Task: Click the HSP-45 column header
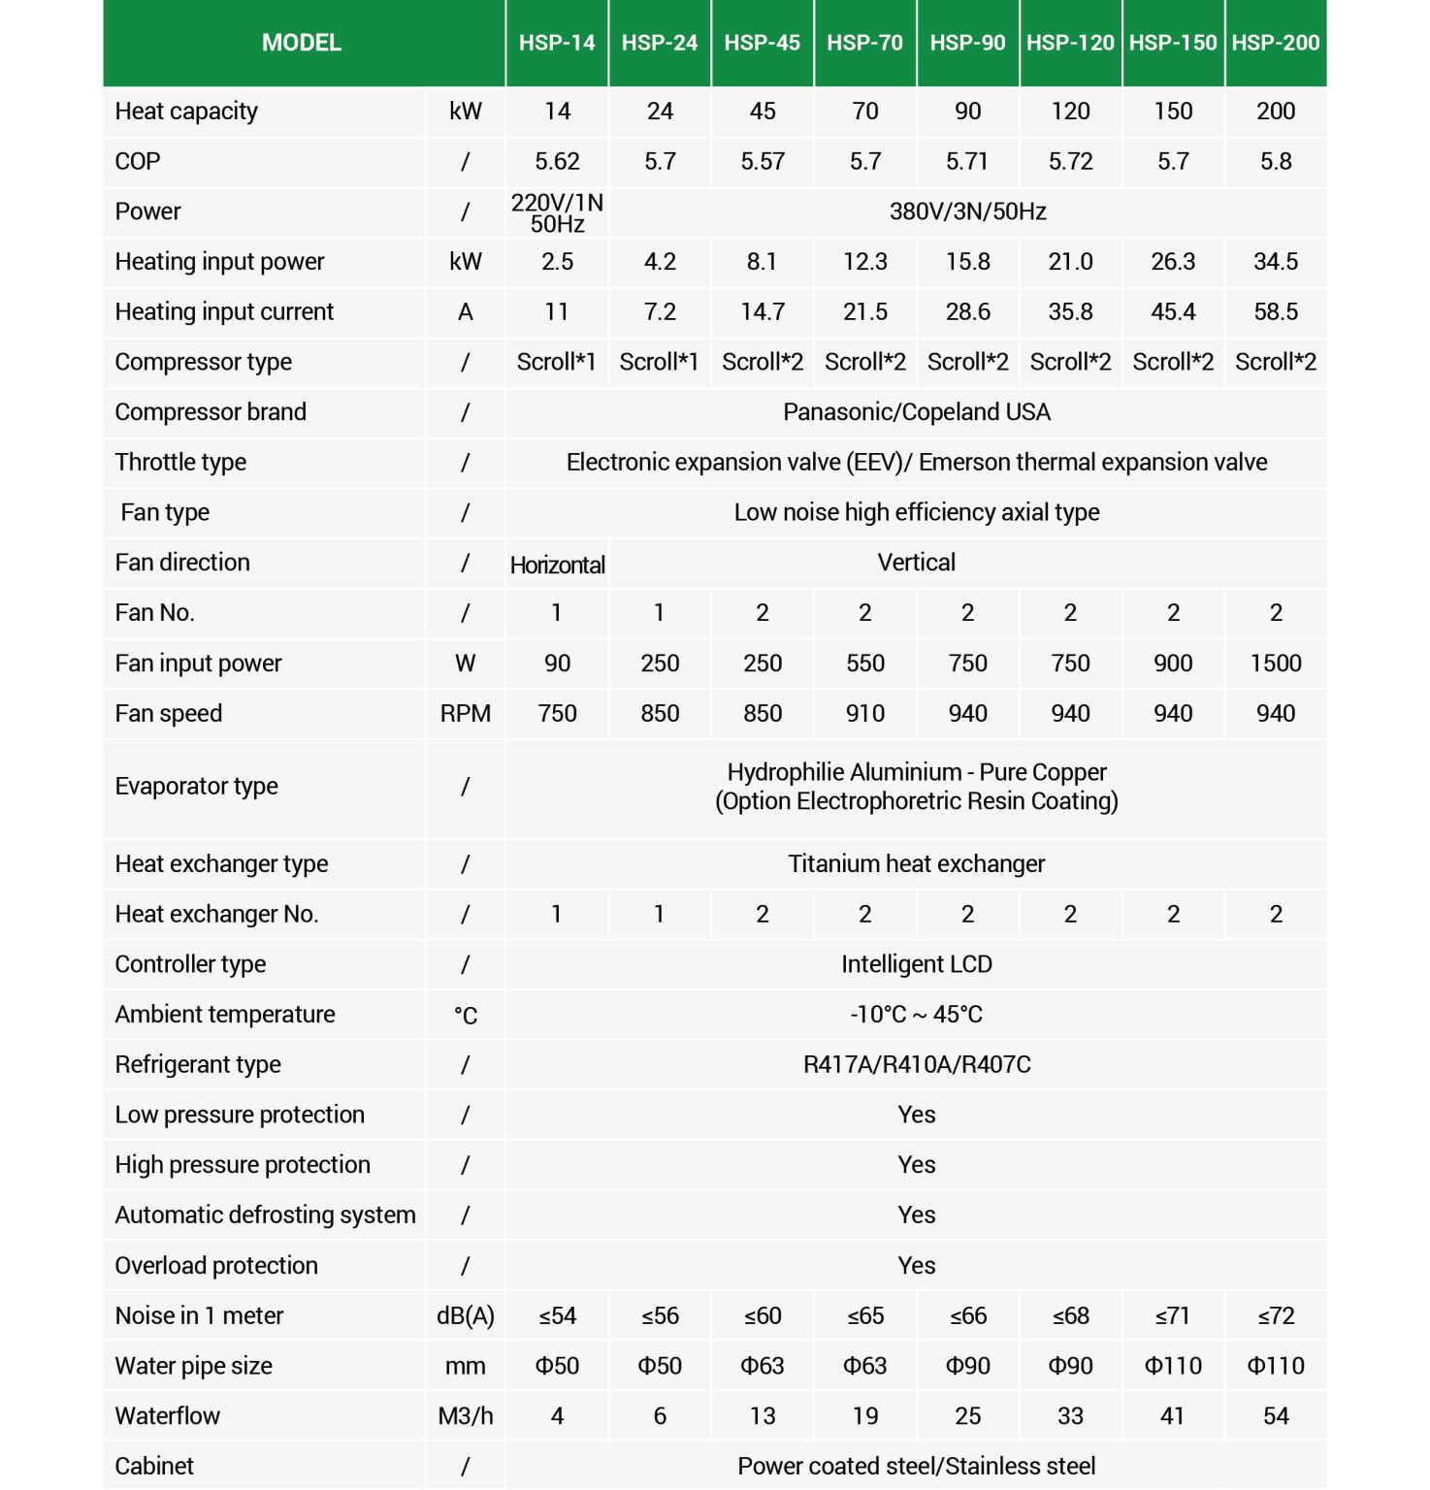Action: [762, 43]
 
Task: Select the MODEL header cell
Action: [302, 43]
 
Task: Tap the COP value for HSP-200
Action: [1275, 161]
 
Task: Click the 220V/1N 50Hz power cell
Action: [557, 212]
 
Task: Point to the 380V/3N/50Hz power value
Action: [967, 211]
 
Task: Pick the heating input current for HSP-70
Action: [864, 311]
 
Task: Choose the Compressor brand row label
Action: [211, 412]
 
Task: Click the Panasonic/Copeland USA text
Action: [916, 412]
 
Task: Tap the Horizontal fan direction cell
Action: [557, 565]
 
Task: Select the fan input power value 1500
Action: [1275, 664]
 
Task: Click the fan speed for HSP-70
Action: [864, 714]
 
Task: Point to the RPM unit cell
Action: [465, 714]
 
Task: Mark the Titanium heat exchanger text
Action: [916, 863]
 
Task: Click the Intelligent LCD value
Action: [916, 964]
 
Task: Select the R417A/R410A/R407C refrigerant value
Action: [916, 1064]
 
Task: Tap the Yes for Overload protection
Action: [916, 1266]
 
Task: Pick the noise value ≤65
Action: [864, 1316]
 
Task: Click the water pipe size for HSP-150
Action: [1172, 1366]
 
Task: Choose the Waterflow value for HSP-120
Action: [1070, 1416]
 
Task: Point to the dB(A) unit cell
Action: [465, 1316]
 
